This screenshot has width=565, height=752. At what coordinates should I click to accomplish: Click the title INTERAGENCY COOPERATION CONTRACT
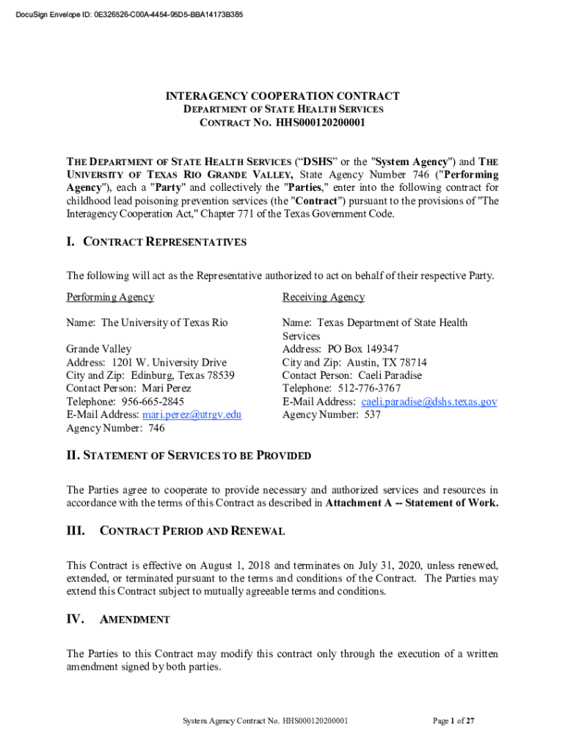pyautogui.click(x=282, y=96)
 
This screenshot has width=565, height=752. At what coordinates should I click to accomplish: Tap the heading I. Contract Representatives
pyautogui.click(x=156, y=242)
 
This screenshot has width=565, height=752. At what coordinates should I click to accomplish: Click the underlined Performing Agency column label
pyautogui.click(x=110, y=297)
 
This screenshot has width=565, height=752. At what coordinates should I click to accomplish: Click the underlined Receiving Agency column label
pyautogui.click(x=323, y=297)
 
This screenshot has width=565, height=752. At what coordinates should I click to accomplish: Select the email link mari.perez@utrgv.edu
pyautogui.click(x=194, y=415)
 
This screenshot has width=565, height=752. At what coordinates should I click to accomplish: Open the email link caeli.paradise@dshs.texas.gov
pyautogui.click(x=429, y=402)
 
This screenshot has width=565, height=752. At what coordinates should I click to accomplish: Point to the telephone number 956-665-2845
pyautogui.click(x=151, y=402)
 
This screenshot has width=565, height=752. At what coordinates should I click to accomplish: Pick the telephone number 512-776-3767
pyautogui.click(x=369, y=388)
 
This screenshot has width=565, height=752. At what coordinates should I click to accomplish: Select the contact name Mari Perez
pyautogui.click(x=167, y=388)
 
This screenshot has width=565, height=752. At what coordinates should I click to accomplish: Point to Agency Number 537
pyautogui.click(x=331, y=415)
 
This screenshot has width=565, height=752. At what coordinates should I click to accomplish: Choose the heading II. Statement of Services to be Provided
pyautogui.click(x=189, y=455)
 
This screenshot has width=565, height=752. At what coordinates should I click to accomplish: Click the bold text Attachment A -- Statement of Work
pyautogui.click(x=412, y=503)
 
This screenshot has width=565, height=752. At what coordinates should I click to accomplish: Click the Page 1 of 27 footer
pyautogui.click(x=453, y=721)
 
